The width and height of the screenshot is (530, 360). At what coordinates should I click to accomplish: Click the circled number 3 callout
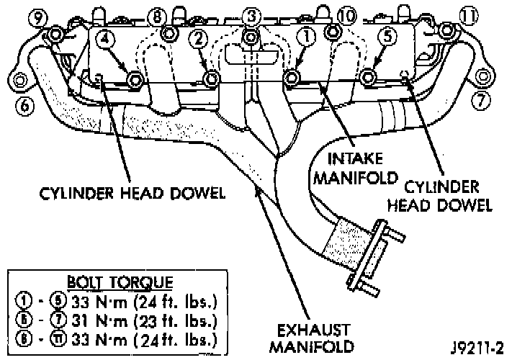251,14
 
